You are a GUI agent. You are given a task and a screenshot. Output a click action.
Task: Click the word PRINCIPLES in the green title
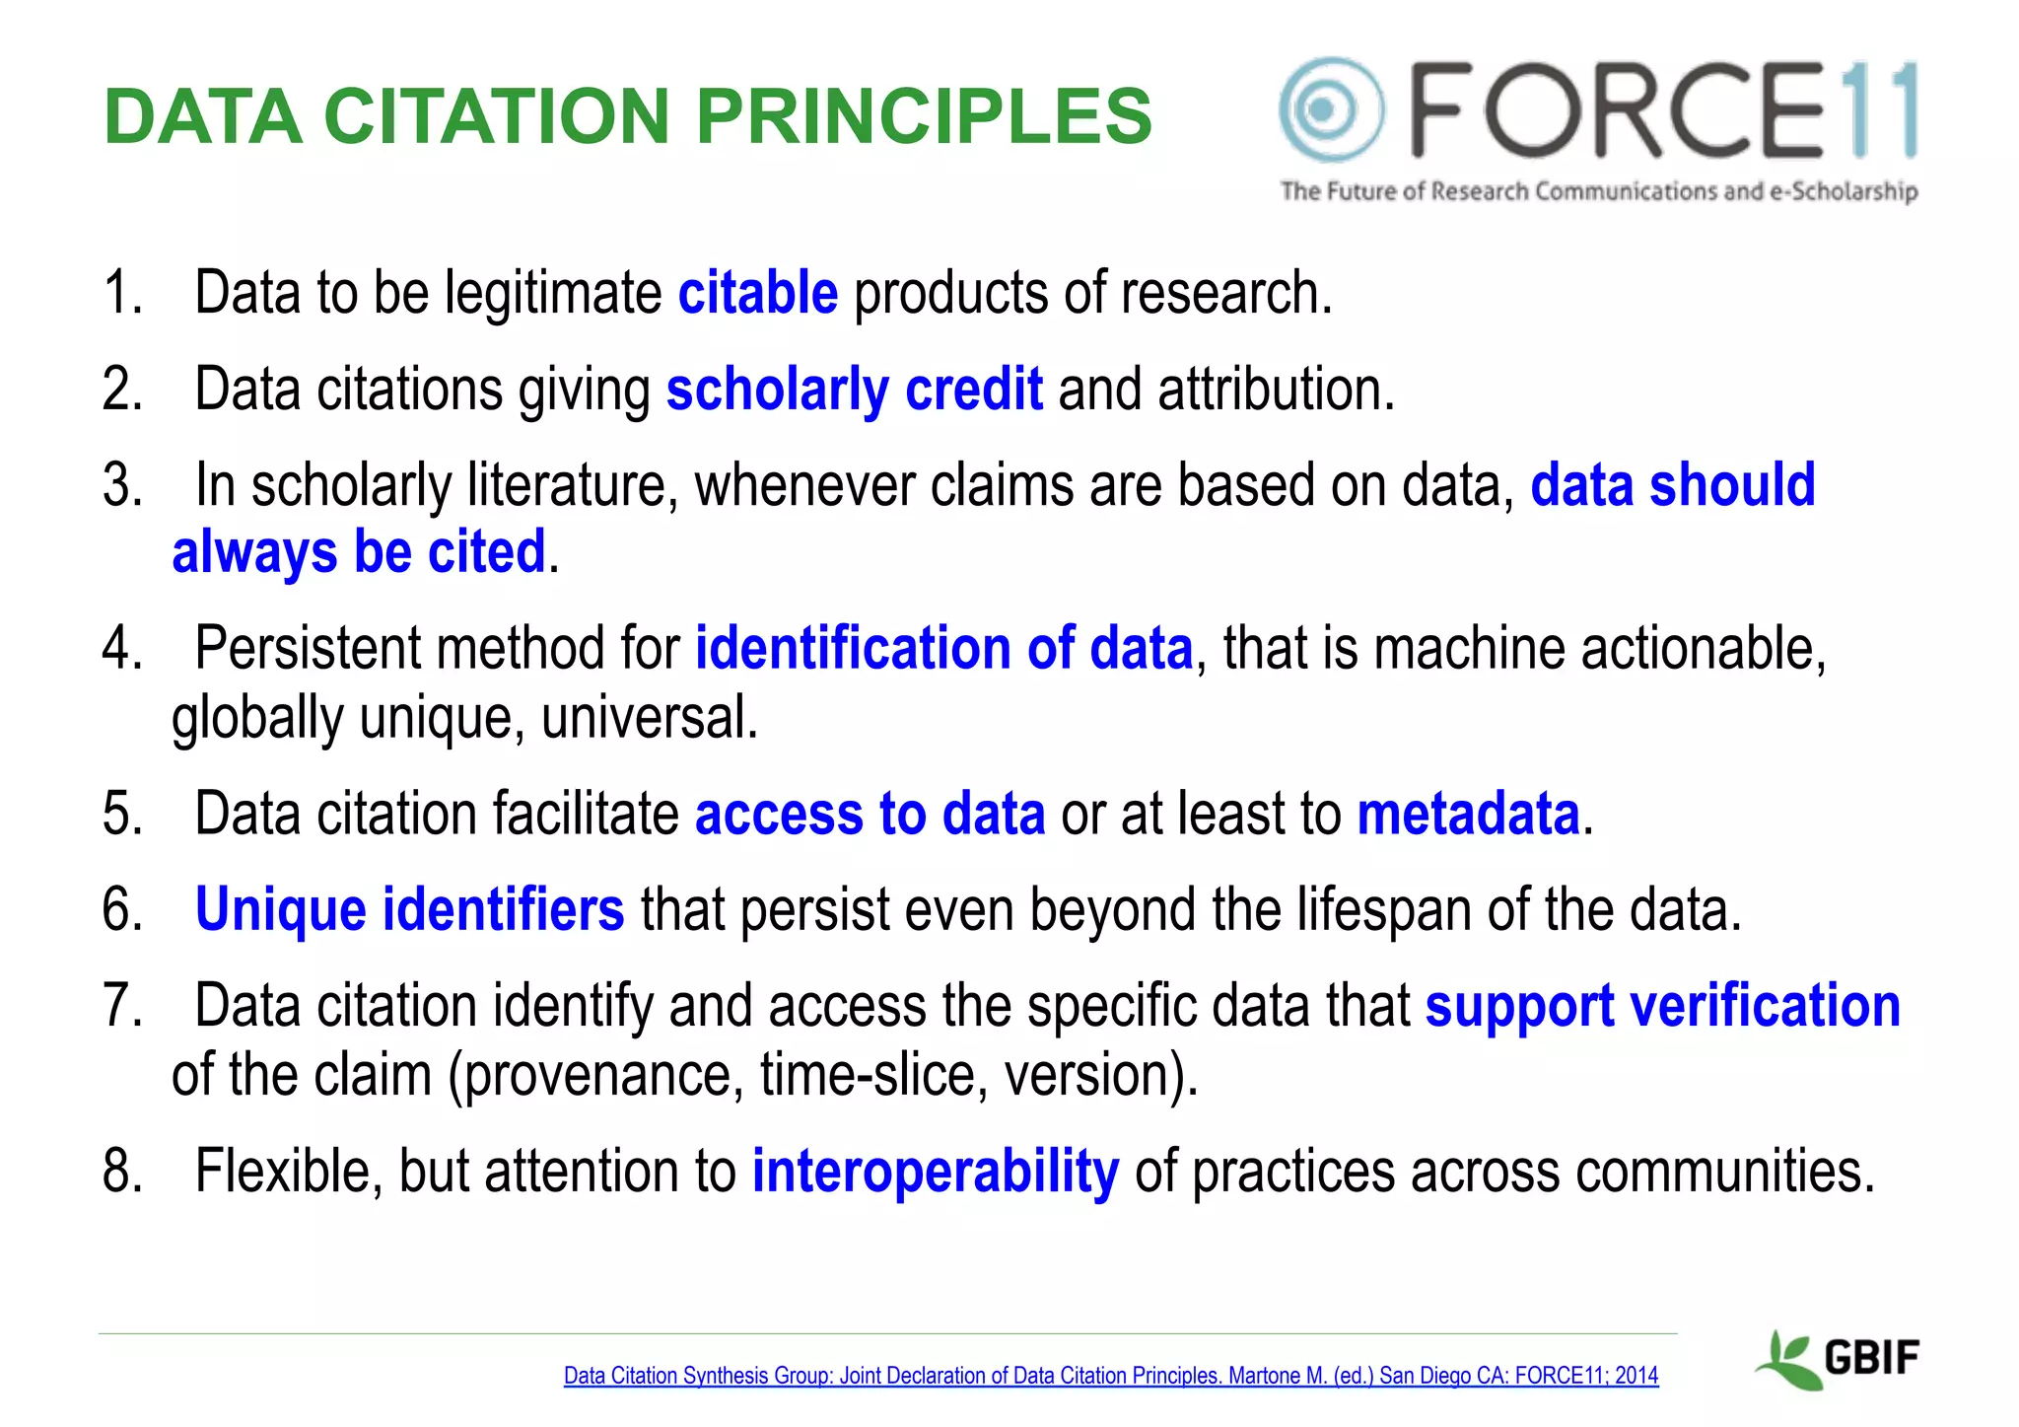pos(924,116)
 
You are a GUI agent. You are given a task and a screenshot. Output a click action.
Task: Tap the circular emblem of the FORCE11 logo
pos(1329,109)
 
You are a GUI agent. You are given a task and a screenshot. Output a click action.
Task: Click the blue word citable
pos(757,293)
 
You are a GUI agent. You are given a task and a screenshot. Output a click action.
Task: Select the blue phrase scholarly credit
pos(854,389)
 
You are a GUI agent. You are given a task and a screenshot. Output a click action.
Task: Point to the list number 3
pos(121,485)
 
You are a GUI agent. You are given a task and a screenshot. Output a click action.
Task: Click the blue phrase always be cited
pos(359,551)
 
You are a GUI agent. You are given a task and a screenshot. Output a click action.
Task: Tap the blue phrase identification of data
pos(943,648)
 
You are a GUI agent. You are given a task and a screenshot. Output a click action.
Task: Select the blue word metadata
pos(1468,814)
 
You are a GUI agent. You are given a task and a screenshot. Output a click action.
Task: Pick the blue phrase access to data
pos(870,814)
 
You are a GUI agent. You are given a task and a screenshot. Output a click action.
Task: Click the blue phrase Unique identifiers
pos(409,908)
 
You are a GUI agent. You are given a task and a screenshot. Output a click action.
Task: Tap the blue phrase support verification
pos(1662,1006)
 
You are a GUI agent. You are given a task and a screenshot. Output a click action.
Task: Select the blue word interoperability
pos(935,1171)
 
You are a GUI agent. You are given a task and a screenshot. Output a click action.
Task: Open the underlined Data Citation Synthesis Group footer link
pos(1110,1375)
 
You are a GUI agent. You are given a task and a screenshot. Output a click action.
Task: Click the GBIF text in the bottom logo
pos(1871,1358)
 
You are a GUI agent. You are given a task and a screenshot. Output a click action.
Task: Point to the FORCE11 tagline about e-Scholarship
pos(1598,190)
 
